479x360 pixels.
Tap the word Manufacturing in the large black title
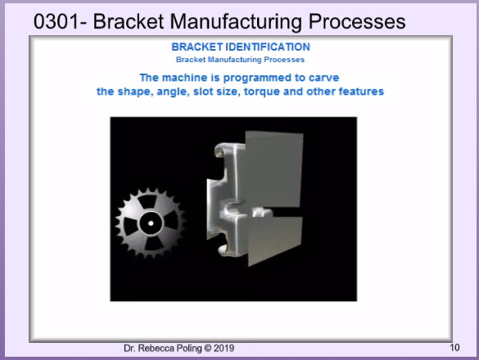click(236, 22)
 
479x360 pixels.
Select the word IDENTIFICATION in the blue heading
click(268, 47)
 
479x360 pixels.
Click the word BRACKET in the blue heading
click(197, 47)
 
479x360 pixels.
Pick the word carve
click(323, 78)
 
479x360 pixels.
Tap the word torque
click(262, 92)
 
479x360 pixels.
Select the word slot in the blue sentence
click(203, 92)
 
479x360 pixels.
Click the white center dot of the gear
click(151, 223)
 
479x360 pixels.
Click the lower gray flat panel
click(275, 239)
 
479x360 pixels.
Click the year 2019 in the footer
click(224, 348)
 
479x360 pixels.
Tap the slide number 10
click(454, 348)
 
